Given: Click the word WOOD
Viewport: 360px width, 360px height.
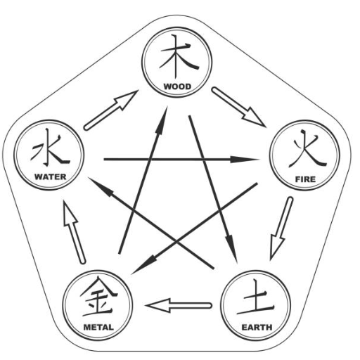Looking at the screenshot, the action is [177, 86].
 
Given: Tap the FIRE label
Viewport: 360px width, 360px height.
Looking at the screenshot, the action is [305, 179].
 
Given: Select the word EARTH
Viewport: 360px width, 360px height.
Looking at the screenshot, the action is [257, 327].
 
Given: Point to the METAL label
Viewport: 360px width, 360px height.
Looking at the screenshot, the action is [98, 327].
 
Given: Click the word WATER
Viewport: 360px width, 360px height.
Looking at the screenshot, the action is [51, 176].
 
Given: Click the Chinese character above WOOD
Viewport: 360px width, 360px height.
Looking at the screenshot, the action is [179, 56].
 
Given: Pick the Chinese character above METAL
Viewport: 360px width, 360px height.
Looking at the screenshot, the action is [98, 297].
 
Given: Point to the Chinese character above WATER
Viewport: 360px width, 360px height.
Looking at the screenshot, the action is [50, 147].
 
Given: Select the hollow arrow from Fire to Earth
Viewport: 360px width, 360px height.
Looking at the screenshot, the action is [281, 229].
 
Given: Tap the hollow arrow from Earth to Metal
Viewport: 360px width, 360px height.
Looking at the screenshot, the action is [179, 305].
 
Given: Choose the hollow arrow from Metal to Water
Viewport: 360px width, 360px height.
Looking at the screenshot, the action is [74, 232].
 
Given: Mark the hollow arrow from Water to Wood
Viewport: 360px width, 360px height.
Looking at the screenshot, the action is [110, 110].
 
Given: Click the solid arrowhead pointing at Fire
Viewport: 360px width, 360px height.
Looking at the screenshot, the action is [245, 160].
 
